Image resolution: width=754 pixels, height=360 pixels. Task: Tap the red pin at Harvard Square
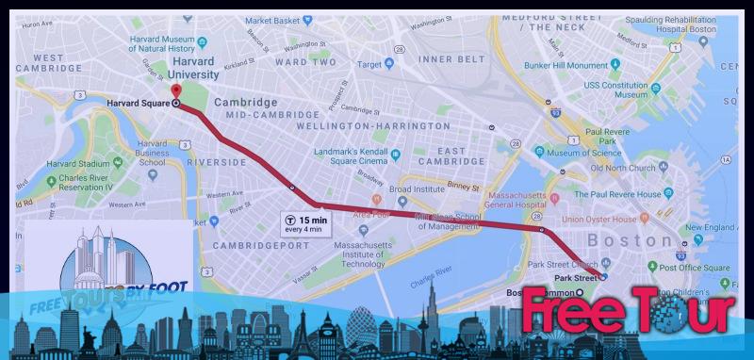click(x=176, y=91)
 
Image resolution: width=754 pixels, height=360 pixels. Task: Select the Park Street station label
click(x=575, y=278)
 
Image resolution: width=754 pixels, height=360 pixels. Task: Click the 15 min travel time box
click(x=303, y=223)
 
